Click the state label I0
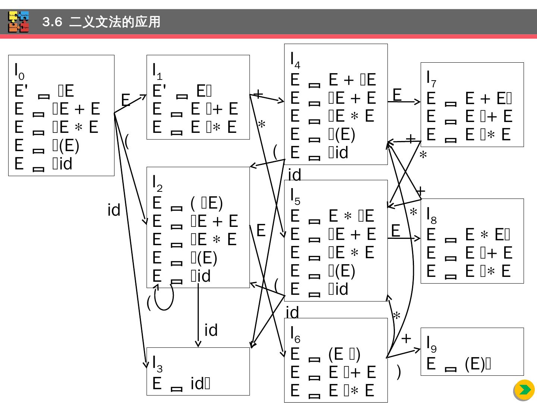tap(19, 71)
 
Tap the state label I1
tap(157, 71)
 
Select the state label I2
tap(157, 183)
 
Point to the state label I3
tap(157, 363)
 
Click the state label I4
tap(295, 60)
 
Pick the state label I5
tap(295, 196)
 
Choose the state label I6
tap(295, 334)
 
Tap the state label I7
tap(431, 78)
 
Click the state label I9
tap(431, 343)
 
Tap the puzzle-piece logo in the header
tap(19, 22)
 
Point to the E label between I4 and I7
tap(397, 95)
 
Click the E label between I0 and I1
tap(126, 100)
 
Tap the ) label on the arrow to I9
tap(399, 372)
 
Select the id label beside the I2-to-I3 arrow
tap(211, 330)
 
